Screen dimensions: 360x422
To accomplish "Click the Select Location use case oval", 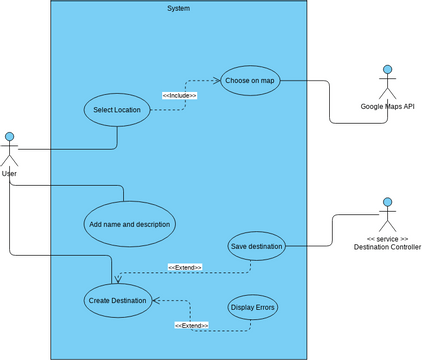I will tap(116, 110).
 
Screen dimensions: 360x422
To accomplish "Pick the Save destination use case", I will tap(256, 246).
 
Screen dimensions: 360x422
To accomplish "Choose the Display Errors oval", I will tap(252, 307).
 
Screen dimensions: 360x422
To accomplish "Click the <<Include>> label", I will tap(179, 95).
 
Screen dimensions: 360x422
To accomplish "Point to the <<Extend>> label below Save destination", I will tap(185, 267).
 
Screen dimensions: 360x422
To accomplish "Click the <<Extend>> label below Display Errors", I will tap(191, 325).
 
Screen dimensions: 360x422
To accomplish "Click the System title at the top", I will tap(178, 8).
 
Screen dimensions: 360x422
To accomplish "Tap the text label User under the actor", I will tap(9, 174).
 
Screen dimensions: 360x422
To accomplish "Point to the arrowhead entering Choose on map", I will tap(217, 81).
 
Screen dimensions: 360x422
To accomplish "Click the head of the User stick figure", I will tap(10, 136).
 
